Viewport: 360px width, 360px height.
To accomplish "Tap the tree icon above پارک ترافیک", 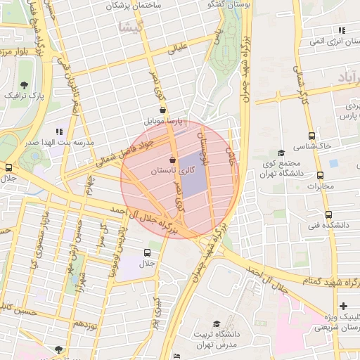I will (x=25, y=85).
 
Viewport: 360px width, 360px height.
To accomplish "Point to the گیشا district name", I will (x=132, y=28).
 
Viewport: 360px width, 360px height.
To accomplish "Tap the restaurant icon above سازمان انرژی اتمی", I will (x=342, y=31).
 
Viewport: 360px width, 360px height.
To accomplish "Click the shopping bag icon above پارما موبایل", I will (x=163, y=110).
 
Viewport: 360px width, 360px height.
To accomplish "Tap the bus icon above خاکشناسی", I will (x=311, y=136).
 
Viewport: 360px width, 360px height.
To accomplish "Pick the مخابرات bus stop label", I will (x=321, y=186).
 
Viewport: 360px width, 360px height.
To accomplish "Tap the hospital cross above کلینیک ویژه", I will (x=342, y=306).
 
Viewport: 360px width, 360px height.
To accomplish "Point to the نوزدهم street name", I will (x=84, y=325).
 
